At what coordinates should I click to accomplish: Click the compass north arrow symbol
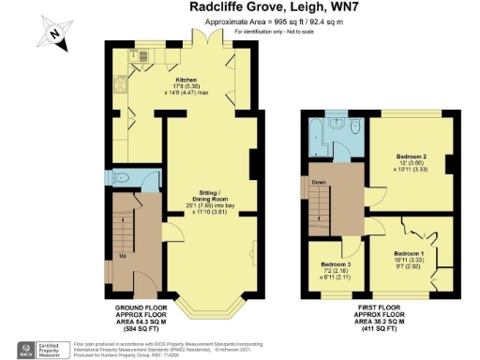click(53, 36)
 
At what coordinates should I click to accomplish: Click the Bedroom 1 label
click(409, 254)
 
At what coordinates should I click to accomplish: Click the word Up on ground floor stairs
click(122, 255)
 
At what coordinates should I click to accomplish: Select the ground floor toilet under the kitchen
click(123, 178)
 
